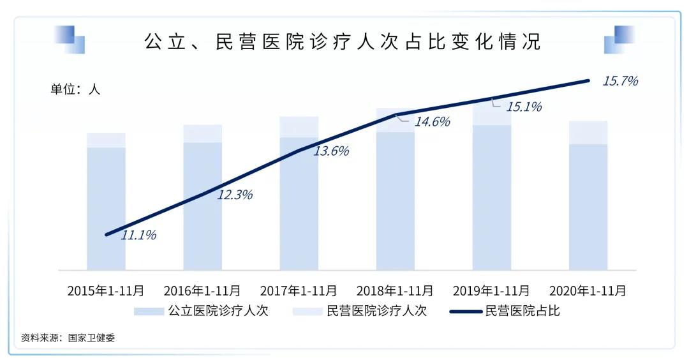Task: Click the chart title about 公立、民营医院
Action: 343,41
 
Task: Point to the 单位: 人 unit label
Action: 75,89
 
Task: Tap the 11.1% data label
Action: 138,235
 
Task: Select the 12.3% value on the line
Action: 235,195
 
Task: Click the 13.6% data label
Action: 331,151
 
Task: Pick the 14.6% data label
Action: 432,121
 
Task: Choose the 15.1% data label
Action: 524,107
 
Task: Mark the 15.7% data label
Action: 620,81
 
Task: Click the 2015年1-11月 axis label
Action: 106,290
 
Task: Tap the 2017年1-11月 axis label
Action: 299,290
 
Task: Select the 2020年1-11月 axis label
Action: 588,290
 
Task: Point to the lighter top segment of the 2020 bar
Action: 588,132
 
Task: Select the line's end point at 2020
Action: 588,80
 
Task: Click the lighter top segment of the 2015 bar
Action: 106,140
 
